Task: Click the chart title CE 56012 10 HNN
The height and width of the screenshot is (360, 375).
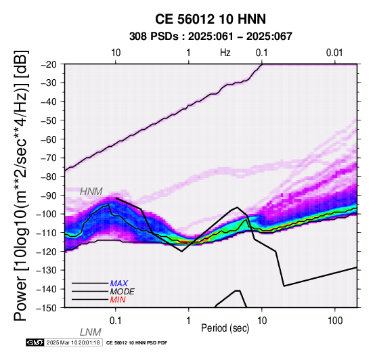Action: tap(211, 19)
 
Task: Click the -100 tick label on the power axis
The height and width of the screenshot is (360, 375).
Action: tap(48, 215)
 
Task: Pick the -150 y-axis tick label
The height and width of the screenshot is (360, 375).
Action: tap(48, 308)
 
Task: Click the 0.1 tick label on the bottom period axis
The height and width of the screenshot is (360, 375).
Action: tap(116, 321)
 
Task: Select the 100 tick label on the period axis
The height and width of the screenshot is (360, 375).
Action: tap(335, 321)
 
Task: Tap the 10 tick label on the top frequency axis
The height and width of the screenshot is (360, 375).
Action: tap(116, 53)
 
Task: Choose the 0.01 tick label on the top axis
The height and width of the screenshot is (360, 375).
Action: tap(335, 53)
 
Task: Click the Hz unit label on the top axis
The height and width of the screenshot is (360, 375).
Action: tap(225, 53)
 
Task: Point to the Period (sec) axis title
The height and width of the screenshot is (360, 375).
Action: tap(225, 328)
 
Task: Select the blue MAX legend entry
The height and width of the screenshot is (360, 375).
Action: tap(119, 284)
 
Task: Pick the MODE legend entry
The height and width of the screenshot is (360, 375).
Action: tap(123, 292)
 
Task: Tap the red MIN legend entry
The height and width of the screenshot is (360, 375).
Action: tap(118, 300)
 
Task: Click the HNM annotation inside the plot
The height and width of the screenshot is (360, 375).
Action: tap(91, 192)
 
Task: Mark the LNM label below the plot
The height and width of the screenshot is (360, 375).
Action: tap(91, 332)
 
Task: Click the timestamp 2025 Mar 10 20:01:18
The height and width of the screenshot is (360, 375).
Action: tap(73, 342)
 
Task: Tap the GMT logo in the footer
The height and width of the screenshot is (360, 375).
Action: tap(35, 342)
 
